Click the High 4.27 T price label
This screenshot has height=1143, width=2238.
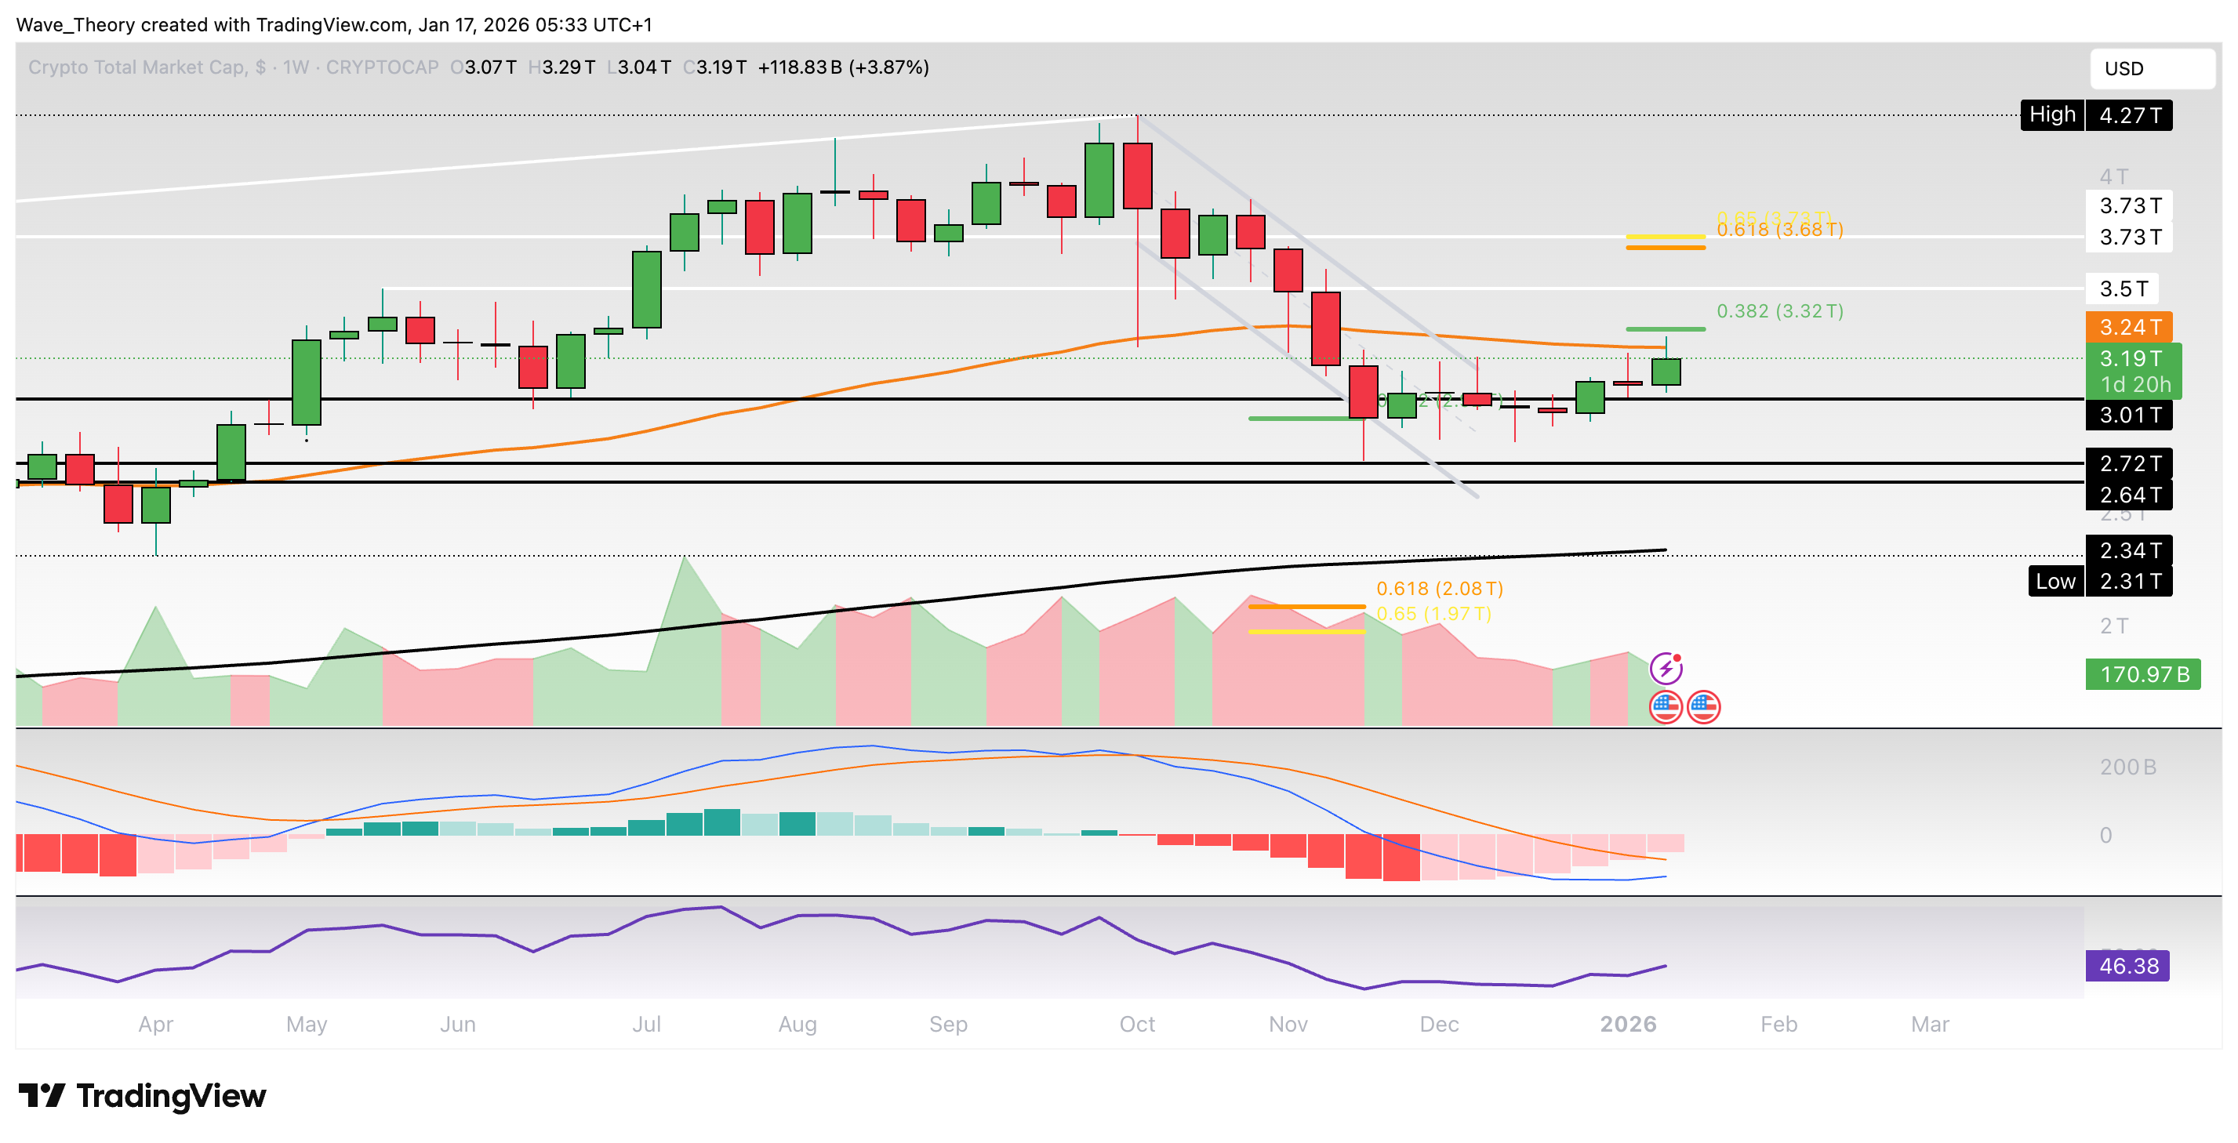[2095, 114]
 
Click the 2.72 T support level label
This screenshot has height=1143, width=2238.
[2128, 464]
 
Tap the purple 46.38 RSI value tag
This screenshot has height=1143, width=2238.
[2127, 966]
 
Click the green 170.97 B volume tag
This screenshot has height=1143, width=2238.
[2142, 674]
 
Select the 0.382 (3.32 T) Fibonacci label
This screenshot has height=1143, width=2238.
[1779, 311]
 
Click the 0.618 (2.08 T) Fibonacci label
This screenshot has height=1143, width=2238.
[1440, 589]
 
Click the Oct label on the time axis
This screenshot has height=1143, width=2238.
[1136, 1024]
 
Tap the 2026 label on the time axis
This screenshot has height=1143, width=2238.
[1627, 1024]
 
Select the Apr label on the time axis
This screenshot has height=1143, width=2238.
[155, 1024]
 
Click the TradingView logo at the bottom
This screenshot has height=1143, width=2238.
[143, 1096]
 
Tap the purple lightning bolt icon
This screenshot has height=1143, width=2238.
[1666, 668]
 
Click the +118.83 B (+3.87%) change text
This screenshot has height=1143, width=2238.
[843, 67]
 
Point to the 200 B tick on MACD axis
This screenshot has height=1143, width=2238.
[2127, 767]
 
